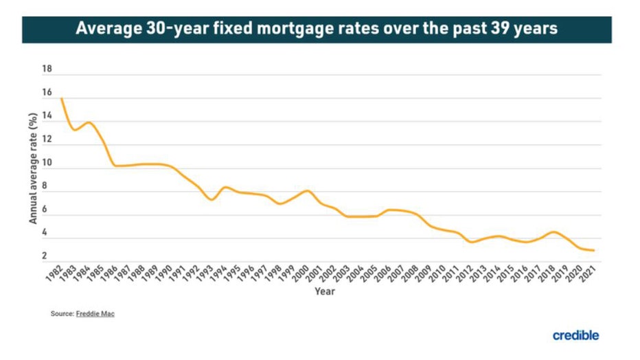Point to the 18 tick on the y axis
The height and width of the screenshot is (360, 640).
(x=47, y=69)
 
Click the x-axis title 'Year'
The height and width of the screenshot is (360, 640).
(x=324, y=291)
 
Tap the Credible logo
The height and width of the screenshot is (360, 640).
(x=575, y=335)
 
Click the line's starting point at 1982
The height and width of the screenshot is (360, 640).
(x=61, y=98)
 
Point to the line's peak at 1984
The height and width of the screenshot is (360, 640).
(x=89, y=122)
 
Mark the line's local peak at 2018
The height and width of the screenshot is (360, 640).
(x=553, y=232)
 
